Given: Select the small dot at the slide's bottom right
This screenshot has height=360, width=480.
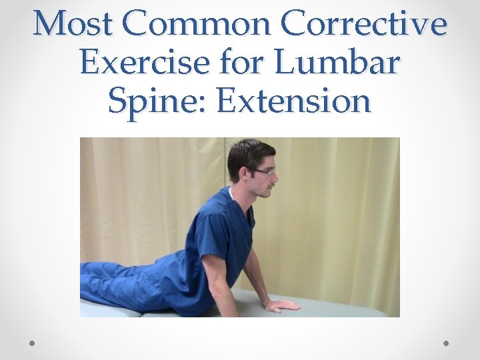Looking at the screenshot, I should coord(446,343).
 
